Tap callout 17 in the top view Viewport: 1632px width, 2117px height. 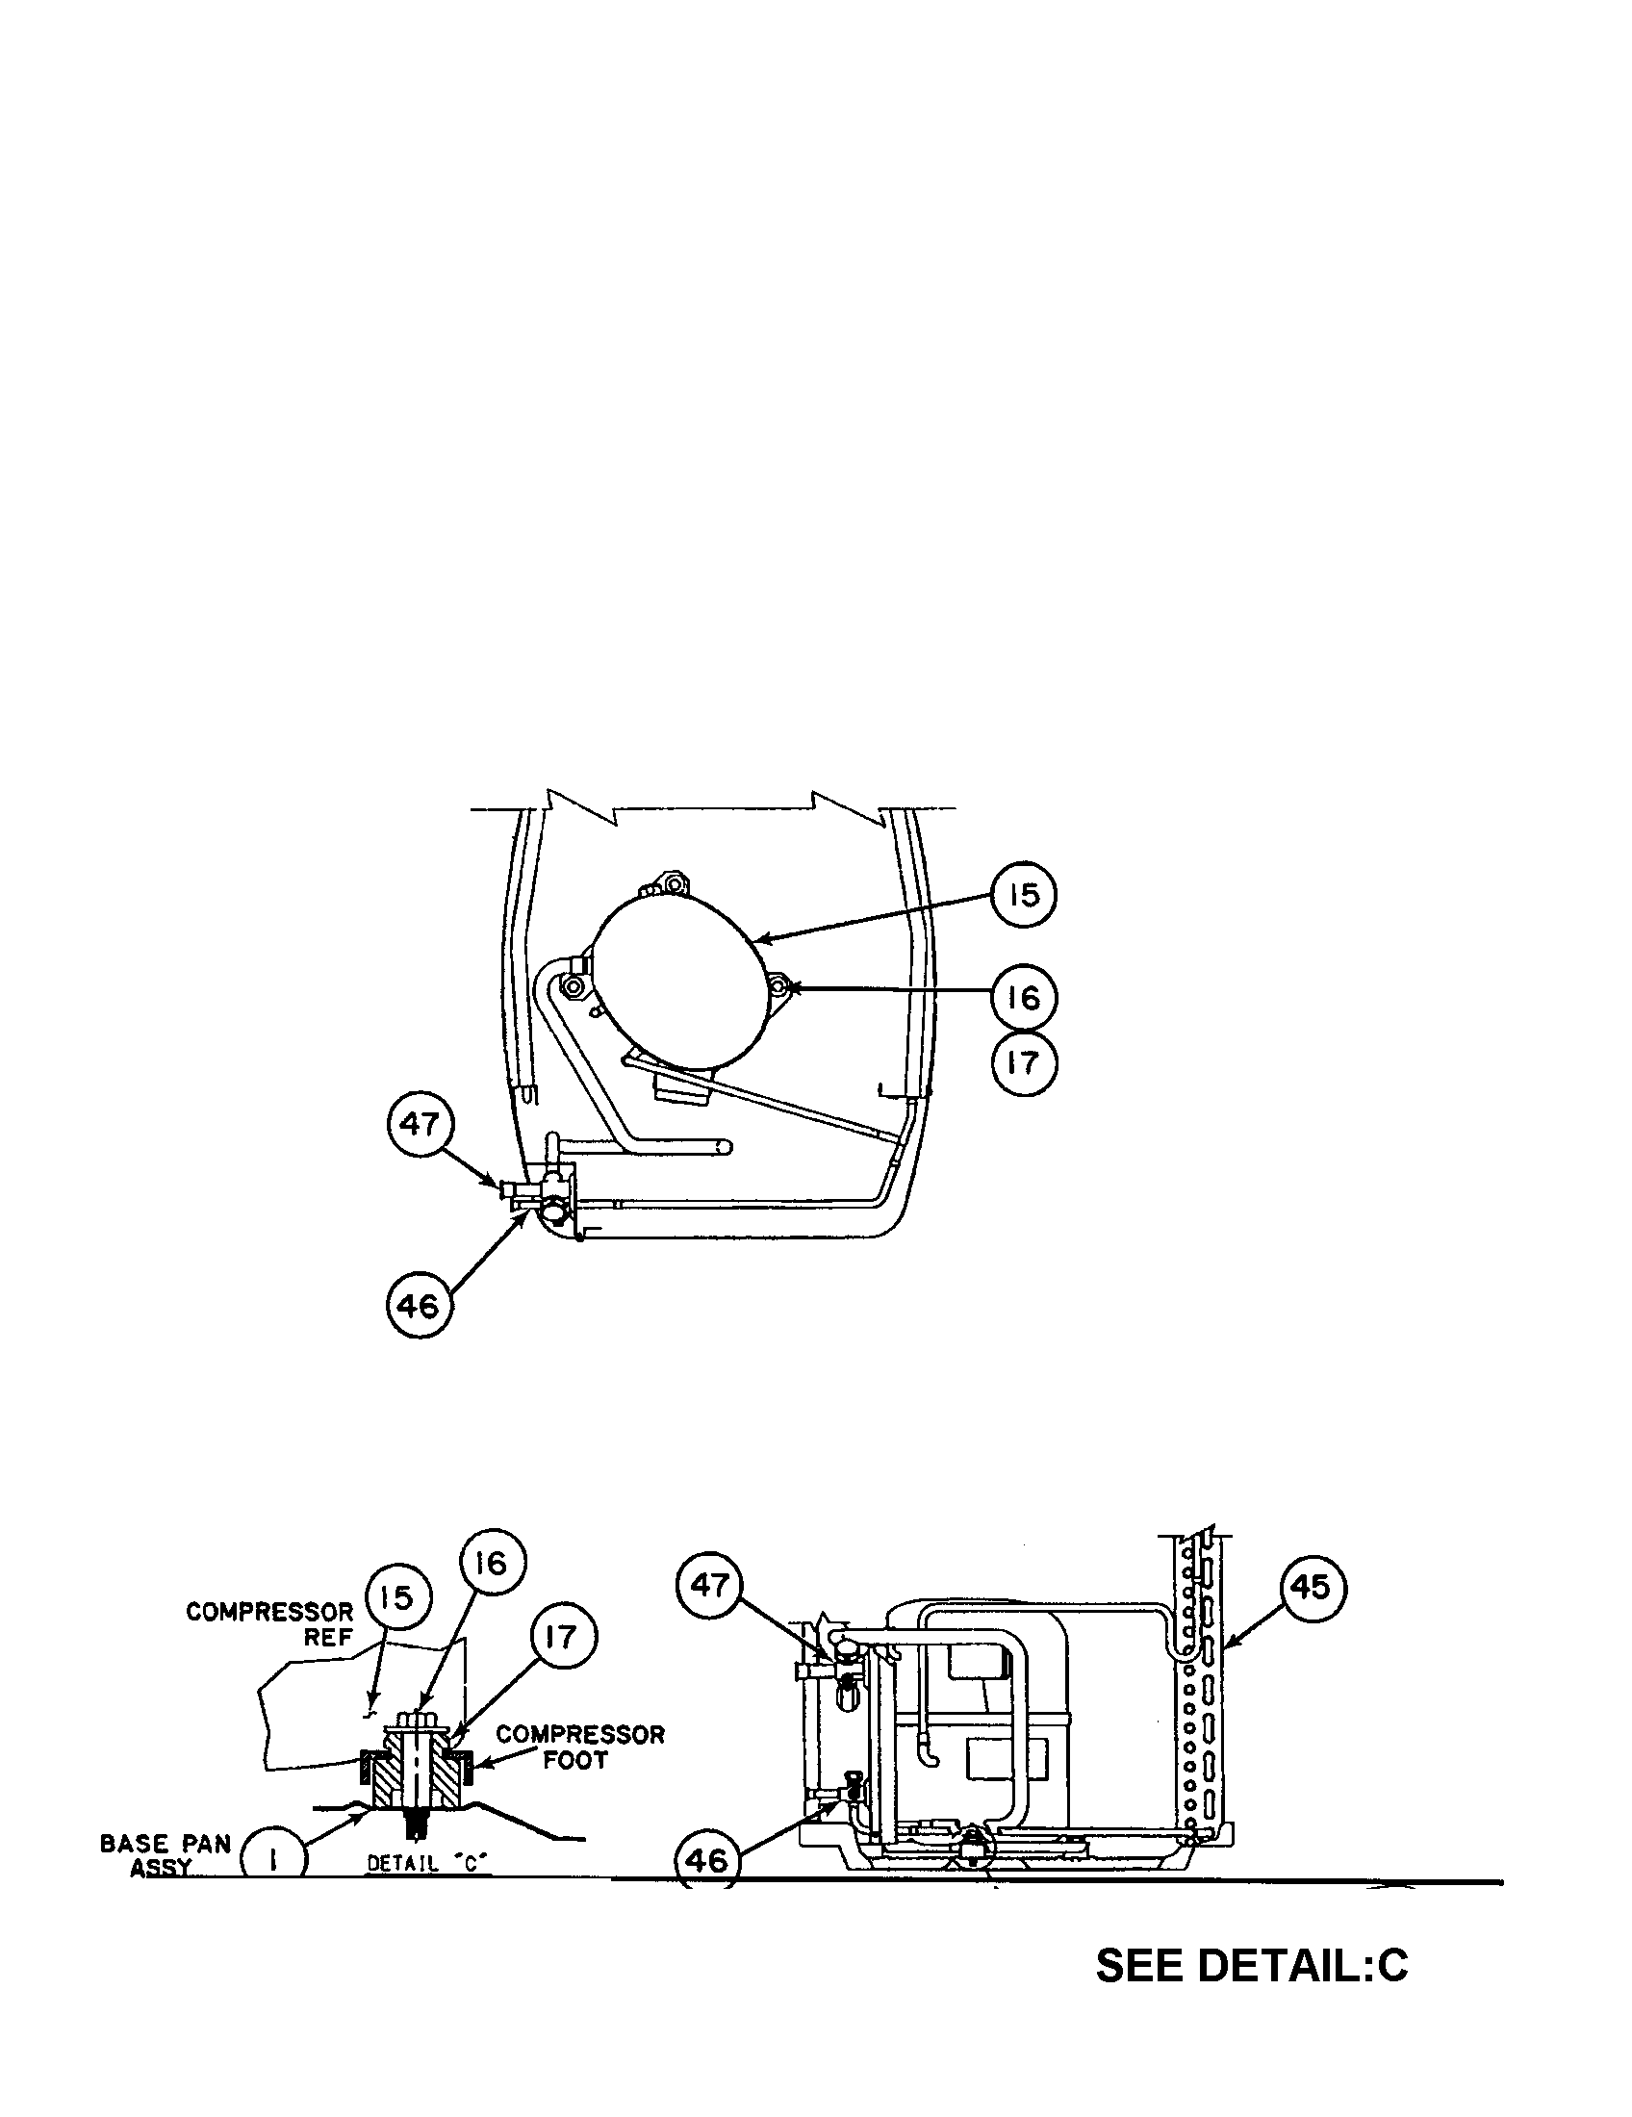(x=1024, y=1063)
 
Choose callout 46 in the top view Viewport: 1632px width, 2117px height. (x=419, y=1306)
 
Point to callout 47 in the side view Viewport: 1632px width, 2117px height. (x=709, y=1584)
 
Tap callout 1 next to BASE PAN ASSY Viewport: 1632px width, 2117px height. (x=272, y=1859)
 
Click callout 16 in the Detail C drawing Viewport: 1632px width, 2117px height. (x=492, y=1563)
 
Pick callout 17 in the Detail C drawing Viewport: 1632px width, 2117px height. (x=562, y=1637)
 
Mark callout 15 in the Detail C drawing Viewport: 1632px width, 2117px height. (x=396, y=1596)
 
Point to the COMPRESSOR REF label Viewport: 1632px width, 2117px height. (x=270, y=1623)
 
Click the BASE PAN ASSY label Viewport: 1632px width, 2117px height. (x=165, y=1854)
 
